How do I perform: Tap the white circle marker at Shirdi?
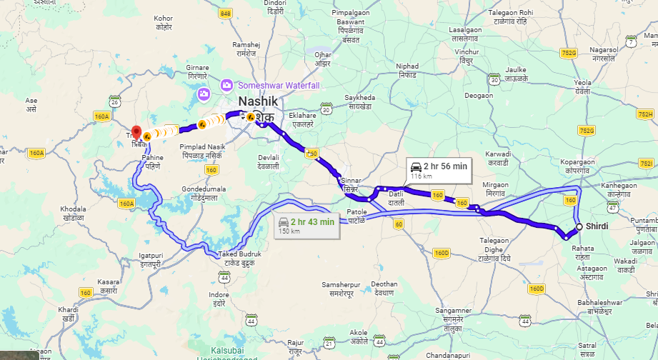point(579,228)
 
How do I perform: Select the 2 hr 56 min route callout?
point(439,169)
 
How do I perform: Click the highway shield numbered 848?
point(226,14)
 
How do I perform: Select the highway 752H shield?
point(644,114)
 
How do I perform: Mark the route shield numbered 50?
point(311,151)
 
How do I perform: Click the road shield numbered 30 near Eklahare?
point(326,109)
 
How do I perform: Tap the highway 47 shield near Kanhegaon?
point(612,207)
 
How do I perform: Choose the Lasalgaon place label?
point(464,34)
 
